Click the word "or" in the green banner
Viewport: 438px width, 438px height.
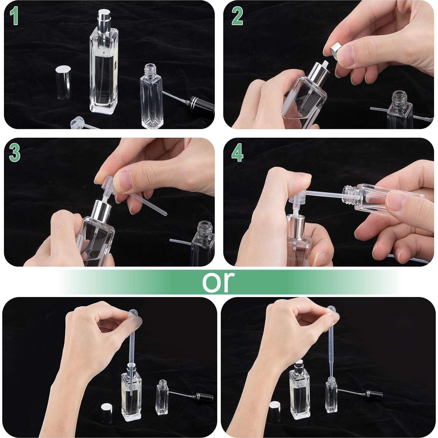(x=219, y=282)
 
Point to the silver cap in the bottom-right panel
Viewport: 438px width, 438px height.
(x=275, y=409)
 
